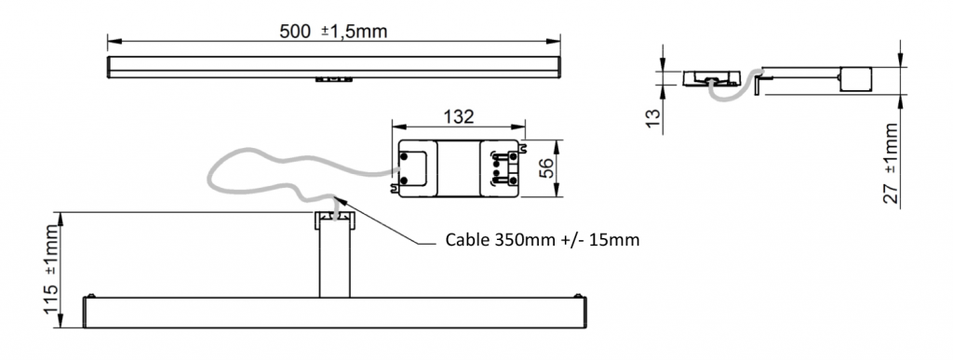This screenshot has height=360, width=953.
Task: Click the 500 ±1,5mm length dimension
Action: (x=332, y=31)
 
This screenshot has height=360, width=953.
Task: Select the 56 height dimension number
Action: (x=547, y=167)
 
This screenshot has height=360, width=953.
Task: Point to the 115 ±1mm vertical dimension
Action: (x=51, y=270)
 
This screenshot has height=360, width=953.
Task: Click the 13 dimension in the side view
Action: (x=651, y=115)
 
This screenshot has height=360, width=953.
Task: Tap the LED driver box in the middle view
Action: (x=457, y=168)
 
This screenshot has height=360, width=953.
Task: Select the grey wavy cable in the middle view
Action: (x=270, y=172)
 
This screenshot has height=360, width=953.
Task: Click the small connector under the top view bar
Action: (x=332, y=81)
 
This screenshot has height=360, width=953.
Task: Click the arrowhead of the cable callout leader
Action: (x=339, y=198)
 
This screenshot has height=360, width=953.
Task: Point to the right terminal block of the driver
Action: (x=502, y=167)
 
